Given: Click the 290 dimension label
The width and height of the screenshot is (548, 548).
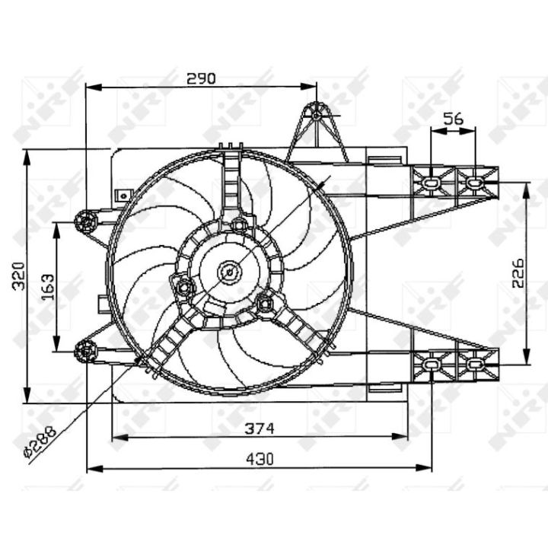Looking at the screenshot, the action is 201,78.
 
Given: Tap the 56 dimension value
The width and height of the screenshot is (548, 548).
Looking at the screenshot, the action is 454,119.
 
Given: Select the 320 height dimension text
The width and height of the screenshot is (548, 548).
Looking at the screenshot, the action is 18,276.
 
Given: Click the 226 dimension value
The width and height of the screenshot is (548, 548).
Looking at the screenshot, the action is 518,273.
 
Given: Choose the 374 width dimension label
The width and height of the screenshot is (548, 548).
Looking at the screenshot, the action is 260,429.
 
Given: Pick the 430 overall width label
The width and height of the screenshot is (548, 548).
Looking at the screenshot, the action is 260,459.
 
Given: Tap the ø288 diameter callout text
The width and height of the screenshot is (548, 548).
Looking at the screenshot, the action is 40,441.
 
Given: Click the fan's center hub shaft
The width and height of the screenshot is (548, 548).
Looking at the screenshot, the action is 230,272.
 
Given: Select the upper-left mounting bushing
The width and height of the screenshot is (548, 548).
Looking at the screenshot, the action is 85,221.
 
